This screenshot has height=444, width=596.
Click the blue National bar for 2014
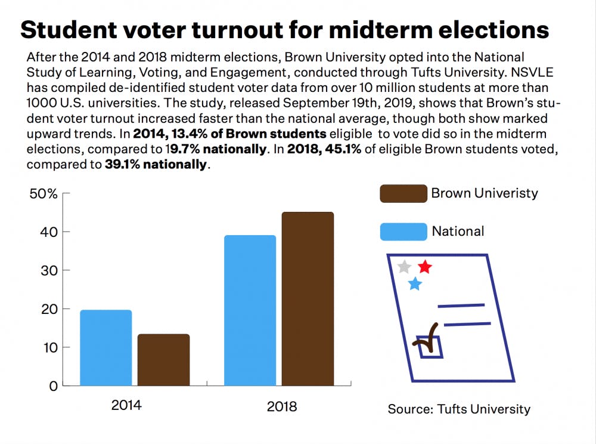pos(105,347)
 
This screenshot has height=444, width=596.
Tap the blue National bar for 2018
pos(250,310)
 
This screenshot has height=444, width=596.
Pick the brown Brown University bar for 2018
pos(308,298)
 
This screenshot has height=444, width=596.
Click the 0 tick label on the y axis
pos(52,386)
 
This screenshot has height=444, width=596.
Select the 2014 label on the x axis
pos(126,406)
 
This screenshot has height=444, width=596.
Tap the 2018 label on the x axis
pos(282,406)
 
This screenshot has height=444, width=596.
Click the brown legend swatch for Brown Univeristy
pos(403,194)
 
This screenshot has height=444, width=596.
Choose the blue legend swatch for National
pos(403,232)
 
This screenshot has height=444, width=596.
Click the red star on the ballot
pos(424,266)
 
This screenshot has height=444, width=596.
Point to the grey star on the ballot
pos(404,266)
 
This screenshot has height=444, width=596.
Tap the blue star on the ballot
pos(415,283)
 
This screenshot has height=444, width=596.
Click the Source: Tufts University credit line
pos(459,409)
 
